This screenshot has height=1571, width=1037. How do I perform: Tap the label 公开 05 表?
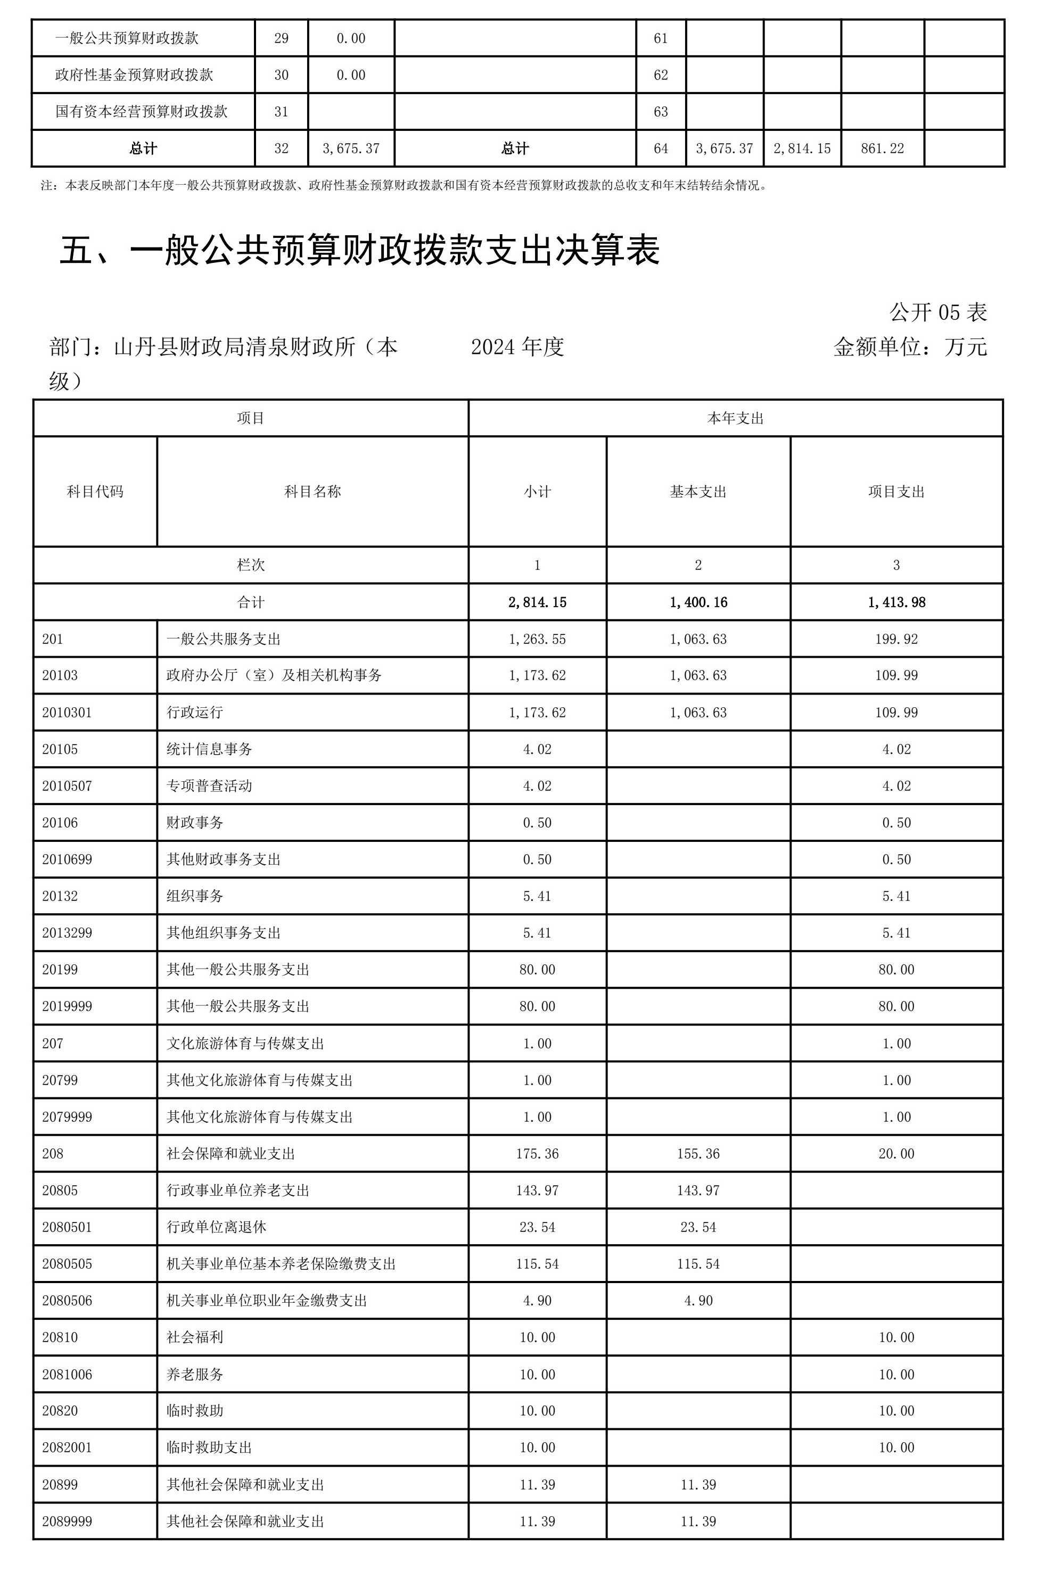click(x=938, y=312)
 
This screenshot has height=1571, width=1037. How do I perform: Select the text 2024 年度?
click(x=517, y=346)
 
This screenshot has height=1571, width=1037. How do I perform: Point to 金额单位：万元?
click(x=910, y=346)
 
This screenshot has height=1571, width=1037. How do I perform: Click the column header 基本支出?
click(x=698, y=491)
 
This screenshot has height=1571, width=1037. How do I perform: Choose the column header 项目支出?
click(x=896, y=491)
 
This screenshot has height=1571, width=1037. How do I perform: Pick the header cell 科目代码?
click(x=95, y=491)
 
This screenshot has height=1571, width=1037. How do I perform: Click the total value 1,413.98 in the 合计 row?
click(x=896, y=602)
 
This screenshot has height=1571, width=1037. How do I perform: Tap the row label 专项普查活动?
click(x=209, y=786)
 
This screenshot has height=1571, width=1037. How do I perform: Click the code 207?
click(x=53, y=1044)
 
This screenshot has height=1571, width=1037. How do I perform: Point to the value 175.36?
click(x=537, y=1154)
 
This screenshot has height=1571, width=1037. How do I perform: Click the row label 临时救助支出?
click(x=209, y=1448)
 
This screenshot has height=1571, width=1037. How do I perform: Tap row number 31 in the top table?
click(x=281, y=112)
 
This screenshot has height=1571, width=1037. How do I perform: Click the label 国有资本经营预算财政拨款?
click(x=142, y=112)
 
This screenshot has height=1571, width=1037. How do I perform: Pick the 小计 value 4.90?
click(x=537, y=1301)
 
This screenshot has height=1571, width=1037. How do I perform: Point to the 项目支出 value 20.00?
click(x=896, y=1154)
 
